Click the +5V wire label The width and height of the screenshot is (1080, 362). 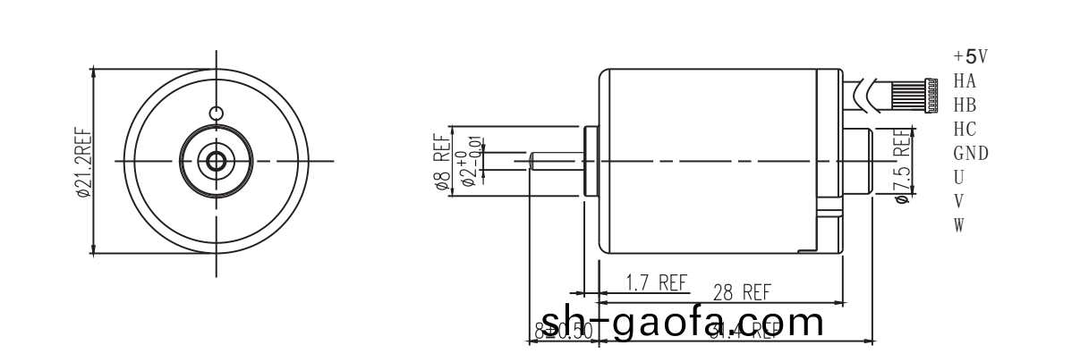click(x=970, y=57)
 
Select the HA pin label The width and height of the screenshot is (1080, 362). click(x=965, y=81)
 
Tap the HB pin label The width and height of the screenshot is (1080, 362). click(x=965, y=105)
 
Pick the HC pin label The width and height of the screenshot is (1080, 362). click(x=965, y=130)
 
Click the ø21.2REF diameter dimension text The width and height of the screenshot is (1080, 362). click(x=82, y=161)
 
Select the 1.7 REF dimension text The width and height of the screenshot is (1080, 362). click(x=656, y=283)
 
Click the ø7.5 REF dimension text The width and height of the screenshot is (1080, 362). click(x=902, y=165)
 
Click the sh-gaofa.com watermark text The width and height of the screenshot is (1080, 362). click(x=683, y=323)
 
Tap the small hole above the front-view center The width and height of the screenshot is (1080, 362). click(x=215, y=114)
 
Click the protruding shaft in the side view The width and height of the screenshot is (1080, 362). click(x=556, y=161)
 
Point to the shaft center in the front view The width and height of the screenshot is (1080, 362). click(x=216, y=161)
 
